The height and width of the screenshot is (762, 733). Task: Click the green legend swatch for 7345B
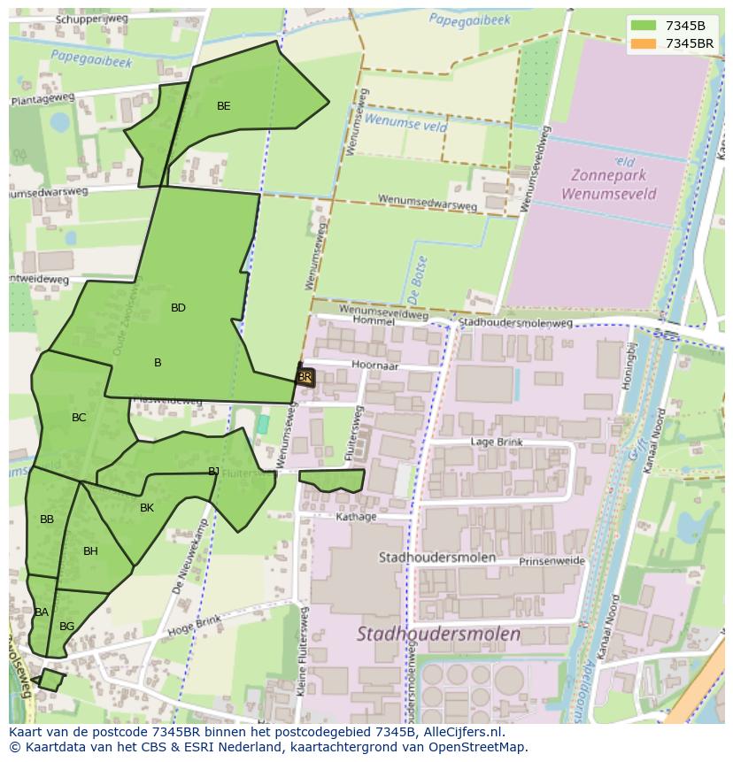coord(644,26)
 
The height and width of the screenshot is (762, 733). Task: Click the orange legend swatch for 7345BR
coord(644,42)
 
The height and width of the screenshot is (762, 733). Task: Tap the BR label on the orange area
coord(305,377)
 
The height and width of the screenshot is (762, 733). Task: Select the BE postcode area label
coord(224,106)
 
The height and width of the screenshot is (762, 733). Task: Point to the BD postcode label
coord(178,308)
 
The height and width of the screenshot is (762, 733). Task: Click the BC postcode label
coord(79,418)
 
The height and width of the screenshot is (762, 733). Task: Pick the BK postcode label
coord(147,508)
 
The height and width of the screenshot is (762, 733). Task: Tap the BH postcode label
coord(90,551)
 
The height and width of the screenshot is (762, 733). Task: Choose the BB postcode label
coord(47,520)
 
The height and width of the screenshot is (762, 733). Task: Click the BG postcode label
coord(66,627)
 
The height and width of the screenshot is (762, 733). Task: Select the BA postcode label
coord(42,612)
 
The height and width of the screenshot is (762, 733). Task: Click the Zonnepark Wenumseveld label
coord(608,183)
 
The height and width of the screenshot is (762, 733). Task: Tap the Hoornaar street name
coord(375,365)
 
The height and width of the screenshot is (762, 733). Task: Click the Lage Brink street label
coord(497,442)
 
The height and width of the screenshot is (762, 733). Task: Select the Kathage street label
coord(357,517)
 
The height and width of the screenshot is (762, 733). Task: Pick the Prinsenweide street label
coord(552,561)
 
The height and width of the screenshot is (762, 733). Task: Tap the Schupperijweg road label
coord(91,19)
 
